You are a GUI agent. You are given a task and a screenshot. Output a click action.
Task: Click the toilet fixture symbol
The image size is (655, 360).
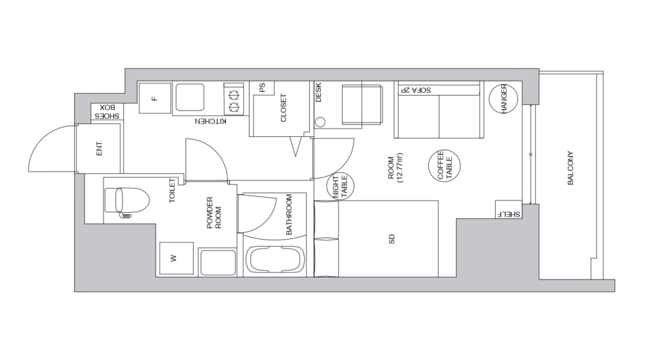pos(127,202)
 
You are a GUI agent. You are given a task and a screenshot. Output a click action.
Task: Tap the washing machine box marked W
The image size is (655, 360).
pos(176,259)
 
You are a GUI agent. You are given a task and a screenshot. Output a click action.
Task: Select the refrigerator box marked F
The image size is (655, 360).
pos(155,98)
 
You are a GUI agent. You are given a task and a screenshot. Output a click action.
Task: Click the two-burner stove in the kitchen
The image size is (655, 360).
pos(234,99)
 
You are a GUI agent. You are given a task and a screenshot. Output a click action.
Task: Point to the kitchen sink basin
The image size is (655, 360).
pos(190,97)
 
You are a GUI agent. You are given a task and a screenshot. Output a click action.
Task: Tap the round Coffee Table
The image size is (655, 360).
pos(445,166)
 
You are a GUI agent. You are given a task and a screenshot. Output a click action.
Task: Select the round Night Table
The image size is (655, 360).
pos(340,186)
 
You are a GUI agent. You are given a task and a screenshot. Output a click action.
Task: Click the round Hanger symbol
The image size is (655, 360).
pos(503,99)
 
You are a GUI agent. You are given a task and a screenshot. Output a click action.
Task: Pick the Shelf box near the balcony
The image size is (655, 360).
pos(509,209)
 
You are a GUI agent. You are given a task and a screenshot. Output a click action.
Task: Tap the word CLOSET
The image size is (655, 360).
pos(284,108)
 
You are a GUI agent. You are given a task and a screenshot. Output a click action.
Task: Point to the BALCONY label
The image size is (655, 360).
pos(571,168)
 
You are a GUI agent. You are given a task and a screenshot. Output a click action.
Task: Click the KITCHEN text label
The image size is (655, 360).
pos(211,121)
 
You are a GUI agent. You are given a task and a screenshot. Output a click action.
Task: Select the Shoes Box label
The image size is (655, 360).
pos(107,111)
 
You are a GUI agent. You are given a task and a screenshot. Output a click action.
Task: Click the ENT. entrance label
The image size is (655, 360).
pos(99,148)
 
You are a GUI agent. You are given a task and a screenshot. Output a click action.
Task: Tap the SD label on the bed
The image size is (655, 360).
pos(392,239)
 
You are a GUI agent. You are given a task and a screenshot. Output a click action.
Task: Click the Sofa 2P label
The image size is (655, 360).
pos(415,90)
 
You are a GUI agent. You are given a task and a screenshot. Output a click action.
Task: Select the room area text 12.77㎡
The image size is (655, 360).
pos(402,168)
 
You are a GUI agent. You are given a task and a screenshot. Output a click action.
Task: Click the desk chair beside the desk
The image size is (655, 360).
pos(362,105)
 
